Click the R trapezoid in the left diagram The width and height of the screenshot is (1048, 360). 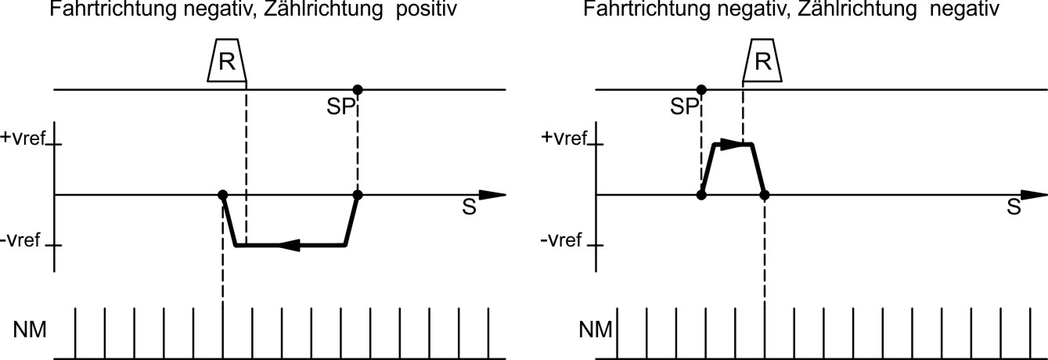(226, 62)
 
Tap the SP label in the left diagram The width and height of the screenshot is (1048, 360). (341, 107)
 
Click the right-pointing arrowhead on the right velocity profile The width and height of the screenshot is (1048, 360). (729, 144)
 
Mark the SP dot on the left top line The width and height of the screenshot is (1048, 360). (358, 89)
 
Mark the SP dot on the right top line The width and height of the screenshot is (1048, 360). (701, 89)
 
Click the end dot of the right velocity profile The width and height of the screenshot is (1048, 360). (765, 194)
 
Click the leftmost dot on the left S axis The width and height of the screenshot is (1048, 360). (223, 194)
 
